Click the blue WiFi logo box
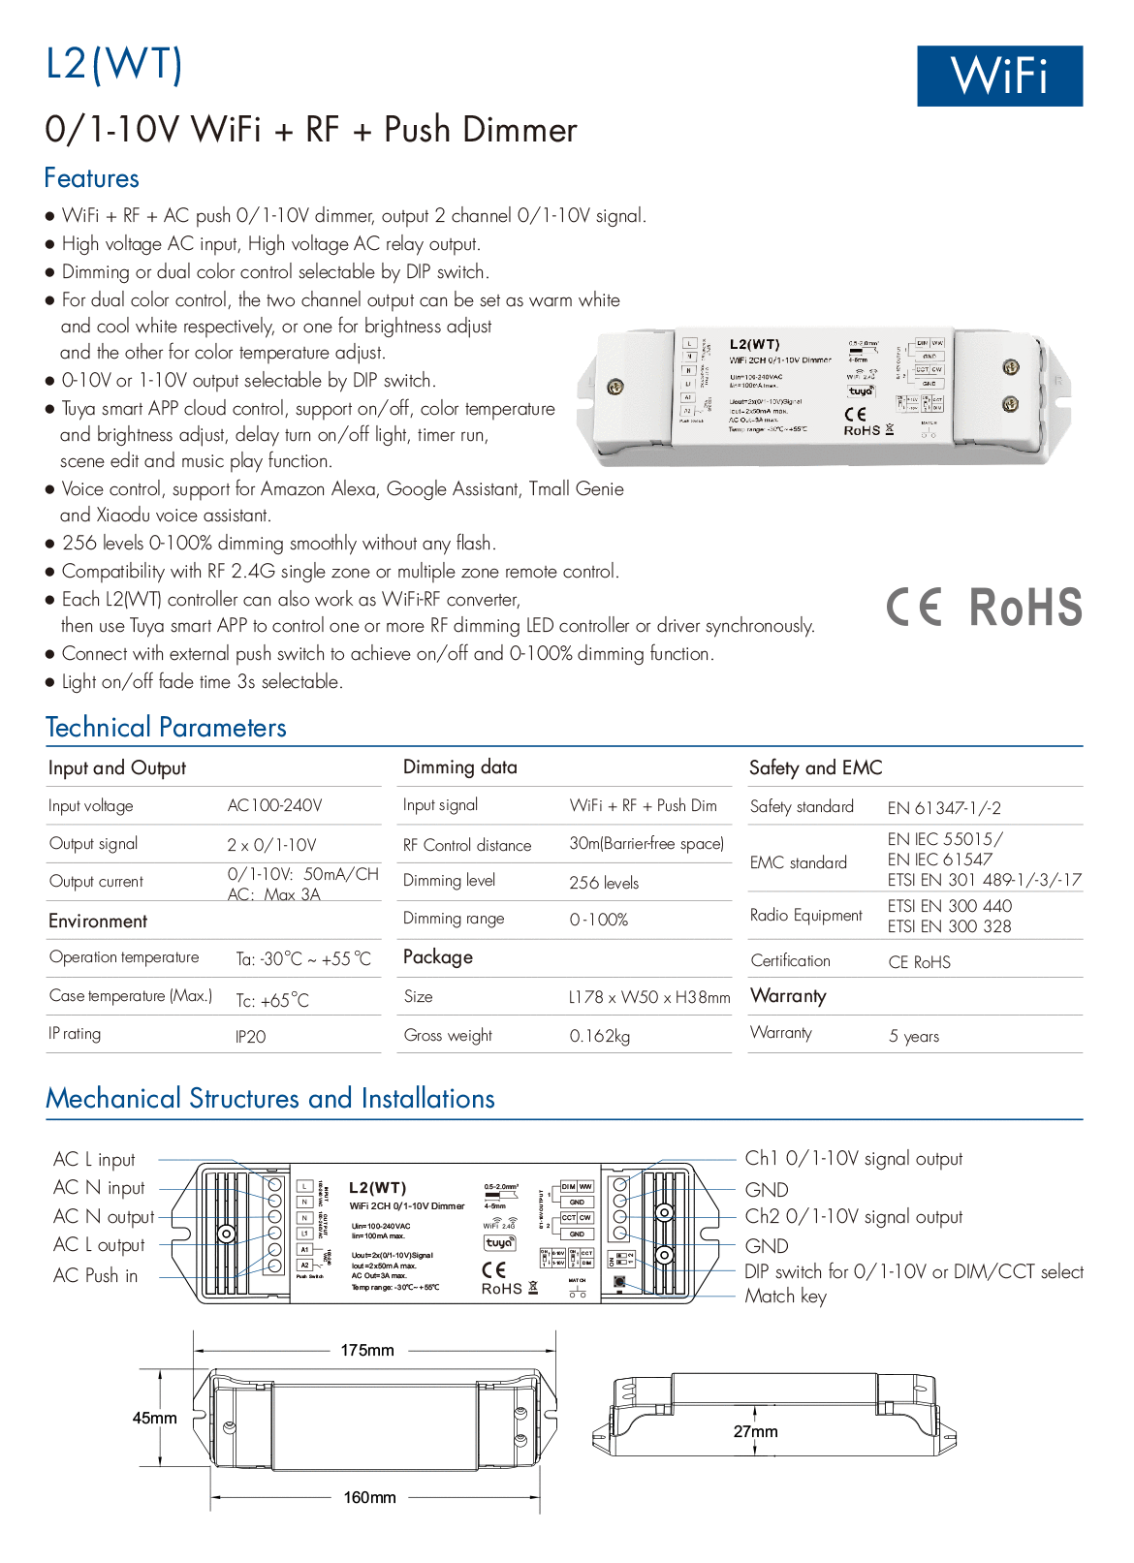pos(999,76)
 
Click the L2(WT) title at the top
pos(114,64)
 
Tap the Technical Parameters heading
pos(166,728)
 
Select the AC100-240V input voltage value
pos(275,805)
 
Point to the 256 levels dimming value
pos(604,883)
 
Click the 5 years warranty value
pos(914,1036)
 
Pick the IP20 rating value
pos(250,1037)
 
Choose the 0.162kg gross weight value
pos(599,1036)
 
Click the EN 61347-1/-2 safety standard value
pos(944,807)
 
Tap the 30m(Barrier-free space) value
pos(646,844)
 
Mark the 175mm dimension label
pos(367,1350)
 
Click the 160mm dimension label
pos(369,1497)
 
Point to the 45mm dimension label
pos(155,1418)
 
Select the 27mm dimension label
pos(755,1431)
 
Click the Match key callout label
pos(785,1297)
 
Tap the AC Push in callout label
pos(95,1275)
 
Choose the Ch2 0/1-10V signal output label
pos(853,1217)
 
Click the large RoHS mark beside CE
pos(1025,608)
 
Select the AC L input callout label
pos(94,1159)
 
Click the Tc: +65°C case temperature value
pos(272,1000)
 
